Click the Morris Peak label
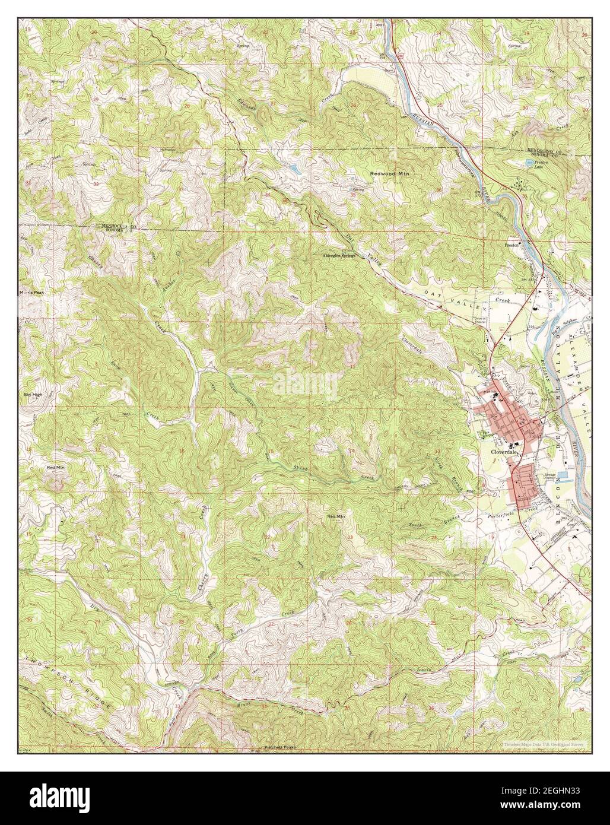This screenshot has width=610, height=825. (30, 293)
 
